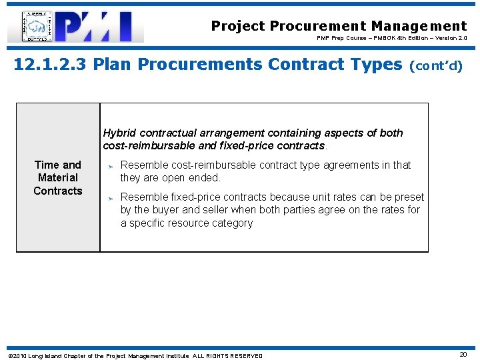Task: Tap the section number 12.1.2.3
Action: coord(50,65)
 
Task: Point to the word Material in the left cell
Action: coord(58,177)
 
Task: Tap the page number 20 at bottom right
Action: coord(463,355)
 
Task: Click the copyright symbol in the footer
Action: coord(9,356)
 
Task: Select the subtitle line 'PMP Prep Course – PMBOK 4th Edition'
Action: coord(391,38)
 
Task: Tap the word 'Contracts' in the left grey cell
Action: coord(58,191)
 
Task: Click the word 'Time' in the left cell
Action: coord(47,165)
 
